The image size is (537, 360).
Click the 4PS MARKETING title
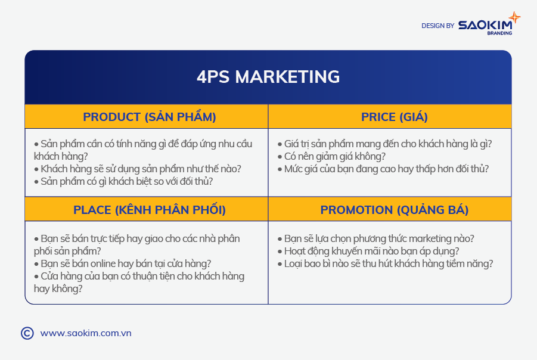click(268, 77)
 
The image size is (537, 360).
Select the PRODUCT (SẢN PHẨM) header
click(150, 116)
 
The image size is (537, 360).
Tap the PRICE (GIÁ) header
click(394, 117)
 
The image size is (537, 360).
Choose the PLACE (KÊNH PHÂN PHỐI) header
click(150, 209)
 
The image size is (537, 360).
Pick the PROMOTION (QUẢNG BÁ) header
click(394, 209)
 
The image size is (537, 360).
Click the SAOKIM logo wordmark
click(485, 25)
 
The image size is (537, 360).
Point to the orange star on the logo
click(514, 17)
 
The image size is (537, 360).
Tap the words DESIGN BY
click(437, 26)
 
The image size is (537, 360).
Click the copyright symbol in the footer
click(27, 333)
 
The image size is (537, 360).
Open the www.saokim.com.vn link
click(86, 333)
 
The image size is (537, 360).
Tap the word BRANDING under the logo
click(499, 33)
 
